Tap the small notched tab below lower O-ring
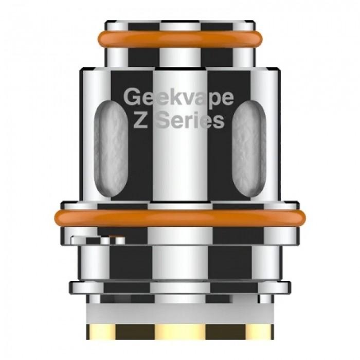(x=98, y=239)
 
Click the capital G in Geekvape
(x=133, y=97)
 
